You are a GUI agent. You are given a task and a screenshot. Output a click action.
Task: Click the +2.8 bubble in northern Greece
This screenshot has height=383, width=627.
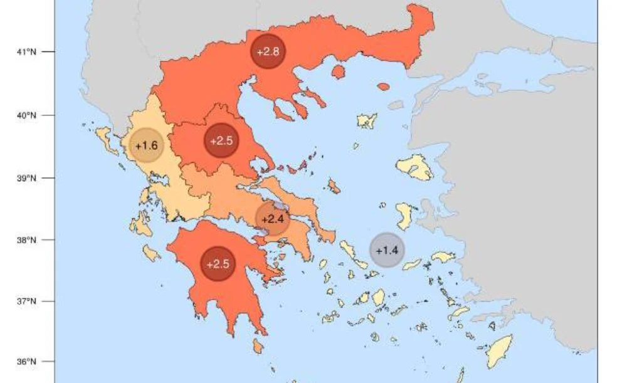click(x=268, y=51)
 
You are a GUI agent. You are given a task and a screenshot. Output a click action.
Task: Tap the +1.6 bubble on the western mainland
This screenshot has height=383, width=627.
click(x=146, y=146)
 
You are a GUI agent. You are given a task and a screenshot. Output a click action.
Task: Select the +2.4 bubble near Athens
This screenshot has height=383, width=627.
click(x=272, y=219)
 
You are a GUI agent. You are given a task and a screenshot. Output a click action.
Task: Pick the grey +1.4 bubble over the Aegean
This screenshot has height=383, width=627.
click(x=387, y=250)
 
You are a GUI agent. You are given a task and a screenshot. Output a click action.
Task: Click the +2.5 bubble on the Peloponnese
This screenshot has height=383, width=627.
click(x=218, y=264)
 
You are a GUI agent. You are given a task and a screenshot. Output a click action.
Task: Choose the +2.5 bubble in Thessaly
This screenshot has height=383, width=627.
click(x=222, y=140)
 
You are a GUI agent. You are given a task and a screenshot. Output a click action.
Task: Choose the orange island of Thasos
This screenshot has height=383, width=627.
click(x=338, y=72)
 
